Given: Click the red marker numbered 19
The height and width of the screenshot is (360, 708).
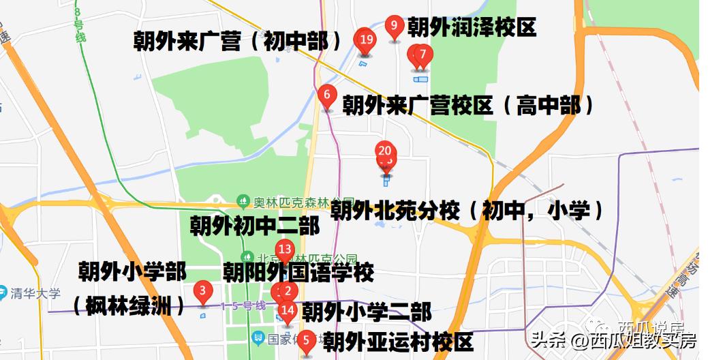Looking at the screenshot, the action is pos(366,40).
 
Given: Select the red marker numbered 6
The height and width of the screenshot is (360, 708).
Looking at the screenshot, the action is pos(328,95).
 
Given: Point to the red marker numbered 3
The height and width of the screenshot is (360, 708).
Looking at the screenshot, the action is pos(202,292).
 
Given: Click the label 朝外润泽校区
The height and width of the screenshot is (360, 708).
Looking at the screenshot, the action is pos(472,27).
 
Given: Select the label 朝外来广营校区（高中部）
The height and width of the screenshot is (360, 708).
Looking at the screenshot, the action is pos(469,106).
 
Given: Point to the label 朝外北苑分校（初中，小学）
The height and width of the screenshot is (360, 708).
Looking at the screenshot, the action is pos(467,211).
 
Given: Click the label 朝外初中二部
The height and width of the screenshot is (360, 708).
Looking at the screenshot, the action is pos(254,226).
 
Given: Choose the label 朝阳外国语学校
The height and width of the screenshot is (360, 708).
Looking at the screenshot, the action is pos(298,273).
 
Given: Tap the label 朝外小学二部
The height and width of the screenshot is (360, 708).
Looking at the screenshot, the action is pos(367,312).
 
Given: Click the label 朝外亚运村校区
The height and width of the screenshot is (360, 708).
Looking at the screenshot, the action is pos(398,341).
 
